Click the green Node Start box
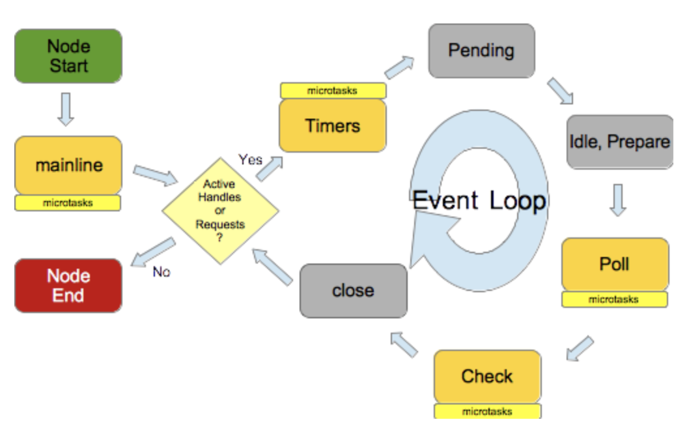(x=68, y=56)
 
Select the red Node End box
(x=68, y=286)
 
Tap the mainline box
(x=68, y=165)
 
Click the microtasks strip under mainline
(x=68, y=203)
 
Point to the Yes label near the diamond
(x=250, y=160)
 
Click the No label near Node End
(x=161, y=271)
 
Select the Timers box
(x=333, y=125)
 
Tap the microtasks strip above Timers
(x=333, y=91)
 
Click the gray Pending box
(x=481, y=51)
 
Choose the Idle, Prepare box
(x=619, y=142)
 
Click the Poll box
(x=614, y=264)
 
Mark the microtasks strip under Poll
(x=614, y=299)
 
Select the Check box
(x=487, y=376)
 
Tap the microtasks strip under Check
(x=487, y=411)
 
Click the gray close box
(x=353, y=290)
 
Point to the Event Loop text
(x=479, y=200)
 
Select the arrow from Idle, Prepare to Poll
(x=618, y=200)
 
